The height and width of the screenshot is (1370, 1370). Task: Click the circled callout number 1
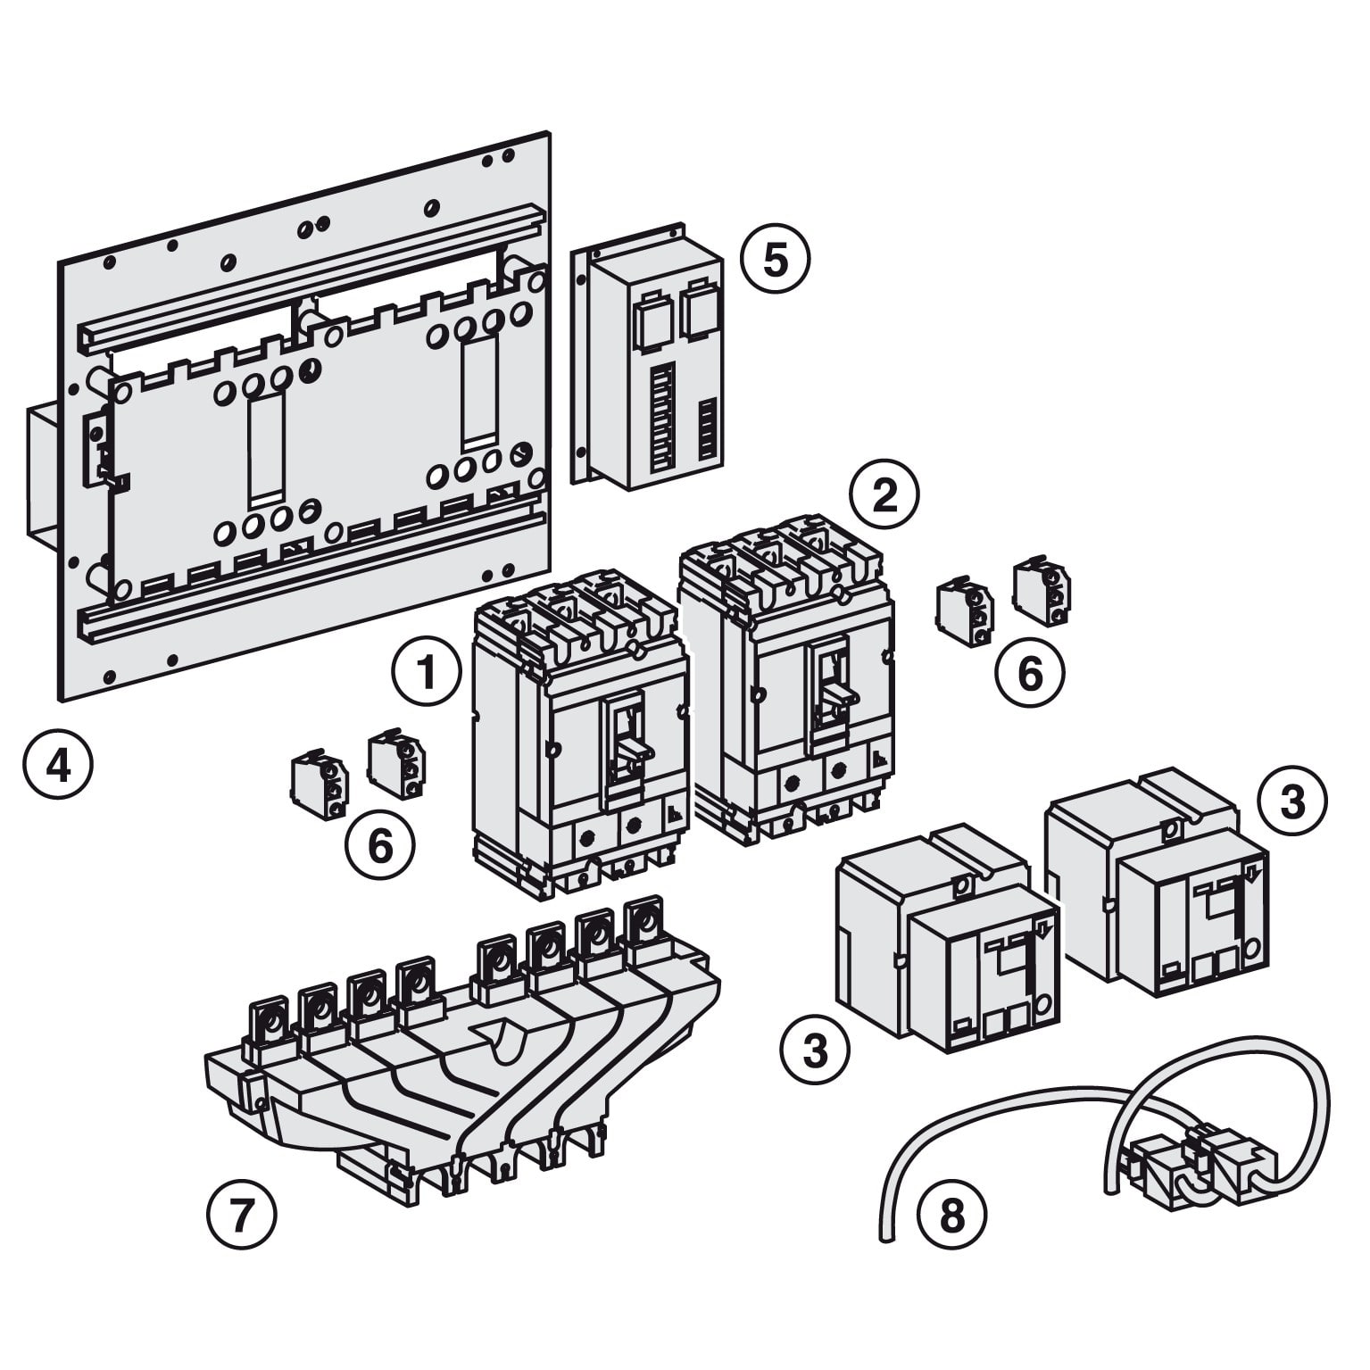coord(427,672)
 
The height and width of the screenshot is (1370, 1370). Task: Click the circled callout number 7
coord(242,1215)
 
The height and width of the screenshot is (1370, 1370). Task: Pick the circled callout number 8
coord(952,1215)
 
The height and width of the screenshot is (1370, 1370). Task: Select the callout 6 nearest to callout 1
coord(380,845)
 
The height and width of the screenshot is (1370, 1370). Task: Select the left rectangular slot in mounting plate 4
coord(266,448)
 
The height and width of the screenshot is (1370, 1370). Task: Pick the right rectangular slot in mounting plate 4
coord(479,394)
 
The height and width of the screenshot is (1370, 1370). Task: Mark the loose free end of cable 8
coord(885,1235)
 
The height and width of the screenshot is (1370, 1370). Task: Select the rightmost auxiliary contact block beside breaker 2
coord(1042,593)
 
